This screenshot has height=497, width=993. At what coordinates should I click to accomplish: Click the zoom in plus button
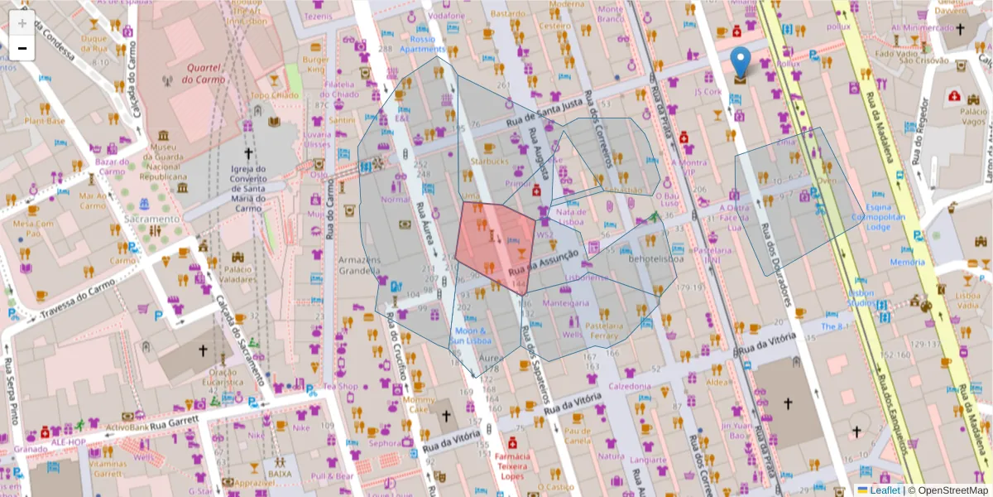22,22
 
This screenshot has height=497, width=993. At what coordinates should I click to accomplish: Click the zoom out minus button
22,48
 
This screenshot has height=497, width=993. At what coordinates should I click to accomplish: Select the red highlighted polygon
495,245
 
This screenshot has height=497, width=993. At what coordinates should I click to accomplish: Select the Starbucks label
489,161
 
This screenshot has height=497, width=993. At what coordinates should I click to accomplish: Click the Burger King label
315,65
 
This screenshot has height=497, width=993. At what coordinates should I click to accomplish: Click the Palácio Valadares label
238,274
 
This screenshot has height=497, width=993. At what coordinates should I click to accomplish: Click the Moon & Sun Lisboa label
471,335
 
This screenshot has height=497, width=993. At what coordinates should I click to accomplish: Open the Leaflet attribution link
885,490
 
